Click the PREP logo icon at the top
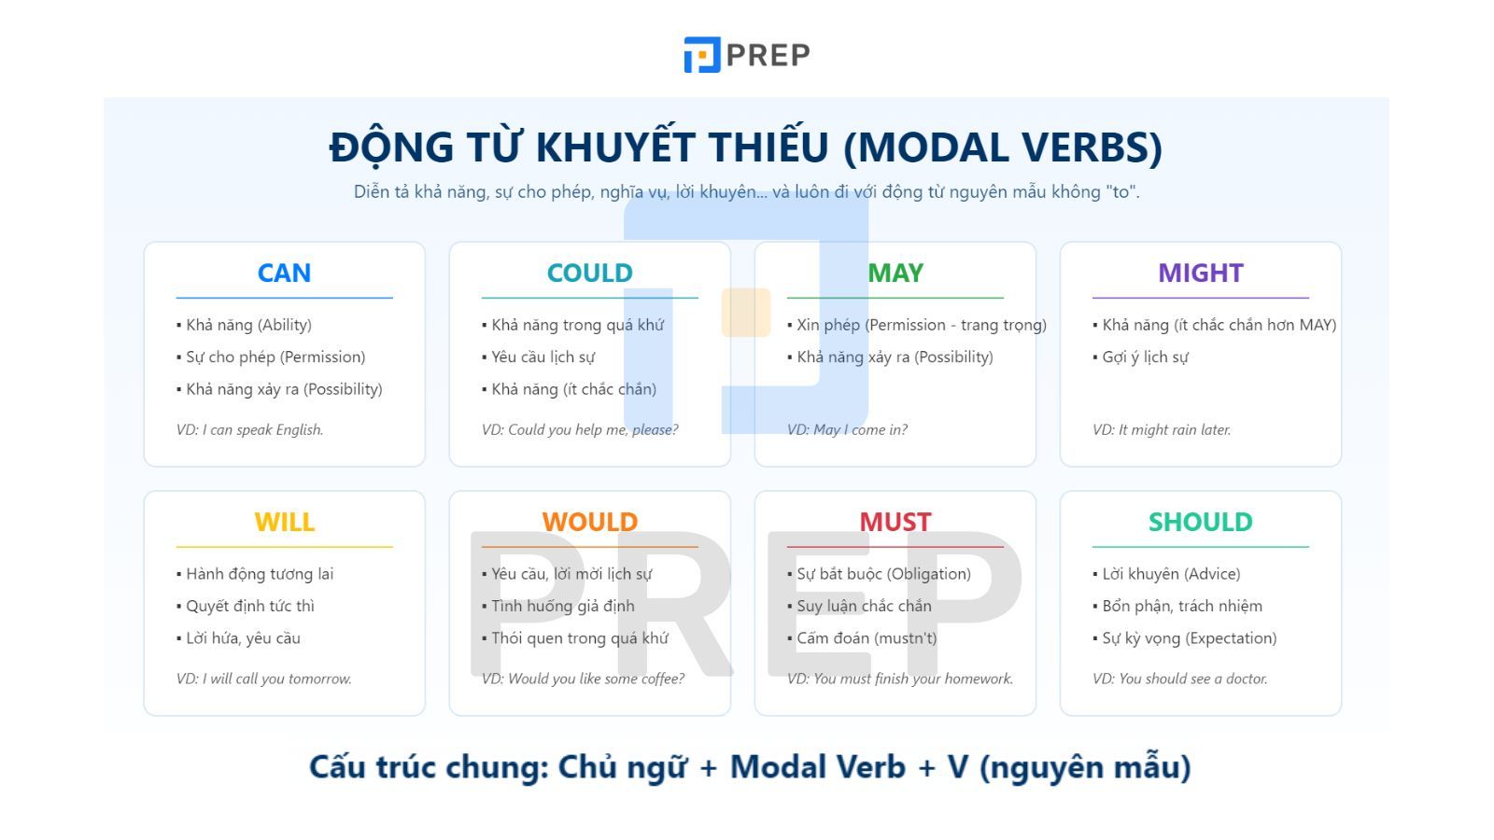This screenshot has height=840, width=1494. [701, 55]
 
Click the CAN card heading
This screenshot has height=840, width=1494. [284, 273]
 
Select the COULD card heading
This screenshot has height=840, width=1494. [589, 273]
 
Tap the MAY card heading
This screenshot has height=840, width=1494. [895, 273]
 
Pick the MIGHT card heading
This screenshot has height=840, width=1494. [1201, 273]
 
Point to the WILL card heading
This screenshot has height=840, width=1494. [284, 522]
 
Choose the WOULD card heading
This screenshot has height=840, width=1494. [589, 522]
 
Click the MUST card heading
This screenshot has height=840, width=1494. [895, 522]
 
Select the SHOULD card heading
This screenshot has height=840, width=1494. [1201, 522]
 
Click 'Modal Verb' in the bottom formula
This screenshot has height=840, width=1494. [818, 766]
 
